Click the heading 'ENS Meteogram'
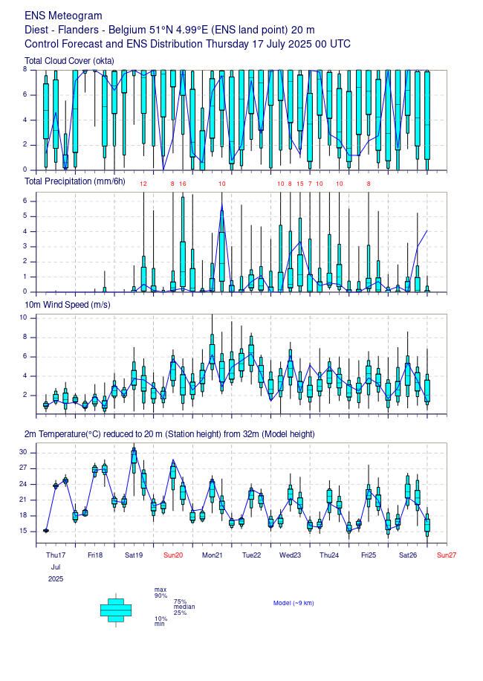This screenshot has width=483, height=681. coord(63,16)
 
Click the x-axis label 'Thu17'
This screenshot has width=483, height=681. coord(56,555)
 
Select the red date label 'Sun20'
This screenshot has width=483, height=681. coord(173,555)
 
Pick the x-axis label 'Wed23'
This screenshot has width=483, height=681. coord(290,555)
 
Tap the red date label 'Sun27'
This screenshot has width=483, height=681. coord(447,555)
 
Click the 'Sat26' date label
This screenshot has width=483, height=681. coord(407,555)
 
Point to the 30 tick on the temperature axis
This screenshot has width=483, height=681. coord(23,452)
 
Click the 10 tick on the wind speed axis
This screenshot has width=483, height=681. coord(23,317)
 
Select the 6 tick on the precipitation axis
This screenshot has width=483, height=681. coord(25,201)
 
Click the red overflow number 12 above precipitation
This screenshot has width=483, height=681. coord(143,184)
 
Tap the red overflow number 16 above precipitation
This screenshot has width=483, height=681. coord(183,184)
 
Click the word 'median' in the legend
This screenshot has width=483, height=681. coord(184,607)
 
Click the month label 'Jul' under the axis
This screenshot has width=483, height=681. coord(56,567)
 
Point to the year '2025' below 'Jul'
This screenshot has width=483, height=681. coord(56,578)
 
